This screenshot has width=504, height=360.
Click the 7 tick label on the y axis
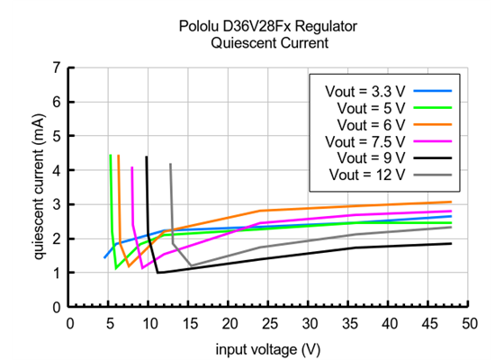pos(58,67)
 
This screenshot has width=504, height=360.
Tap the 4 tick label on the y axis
pos(58,170)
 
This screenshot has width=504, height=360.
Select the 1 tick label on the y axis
pos(58,273)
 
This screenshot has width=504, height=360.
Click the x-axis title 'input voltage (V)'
pos(267,347)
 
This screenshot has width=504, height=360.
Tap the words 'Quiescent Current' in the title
pos(267,42)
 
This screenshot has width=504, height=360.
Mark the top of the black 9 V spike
pos(147,157)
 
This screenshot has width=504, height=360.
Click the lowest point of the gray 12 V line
pos(191,265)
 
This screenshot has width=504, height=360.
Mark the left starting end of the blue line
pos(104,257)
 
